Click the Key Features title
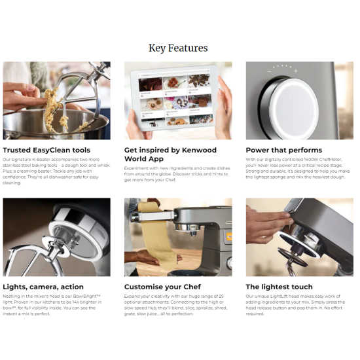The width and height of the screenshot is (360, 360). coord(178,48)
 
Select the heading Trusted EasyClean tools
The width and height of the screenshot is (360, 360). coord(46,150)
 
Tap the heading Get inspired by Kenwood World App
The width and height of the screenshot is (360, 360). coord(170,154)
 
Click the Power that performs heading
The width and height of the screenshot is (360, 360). coord(284,150)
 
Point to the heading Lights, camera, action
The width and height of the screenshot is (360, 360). coord(43,287)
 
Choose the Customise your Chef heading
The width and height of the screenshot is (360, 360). coord(162,287)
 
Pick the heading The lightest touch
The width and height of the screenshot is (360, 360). coord(279,287)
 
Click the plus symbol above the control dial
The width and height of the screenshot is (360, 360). coord(296,71)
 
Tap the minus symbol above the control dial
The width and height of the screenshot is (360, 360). coord(269,71)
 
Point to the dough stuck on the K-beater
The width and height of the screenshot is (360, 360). coord(54,109)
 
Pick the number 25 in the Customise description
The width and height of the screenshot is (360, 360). coord(221,296)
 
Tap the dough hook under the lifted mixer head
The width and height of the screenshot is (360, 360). coord(291,263)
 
